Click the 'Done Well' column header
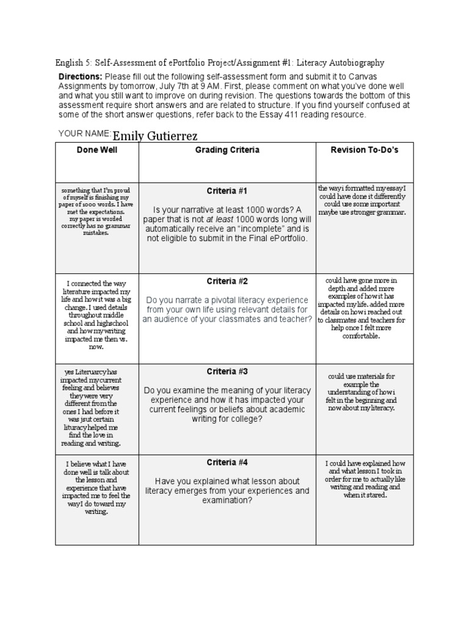tap(96, 150)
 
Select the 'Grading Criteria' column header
tap(227, 150)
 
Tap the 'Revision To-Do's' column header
tap(364, 150)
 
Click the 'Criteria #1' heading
tap(227, 192)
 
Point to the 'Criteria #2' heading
tap(227, 281)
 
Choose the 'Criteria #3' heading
tap(227, 372)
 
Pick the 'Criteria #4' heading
tap(227, 462)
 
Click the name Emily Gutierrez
tap(155, 135)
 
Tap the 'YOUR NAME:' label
tap(84, 133)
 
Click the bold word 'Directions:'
tap(80, 77)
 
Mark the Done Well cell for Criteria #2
tap(96, 315)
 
